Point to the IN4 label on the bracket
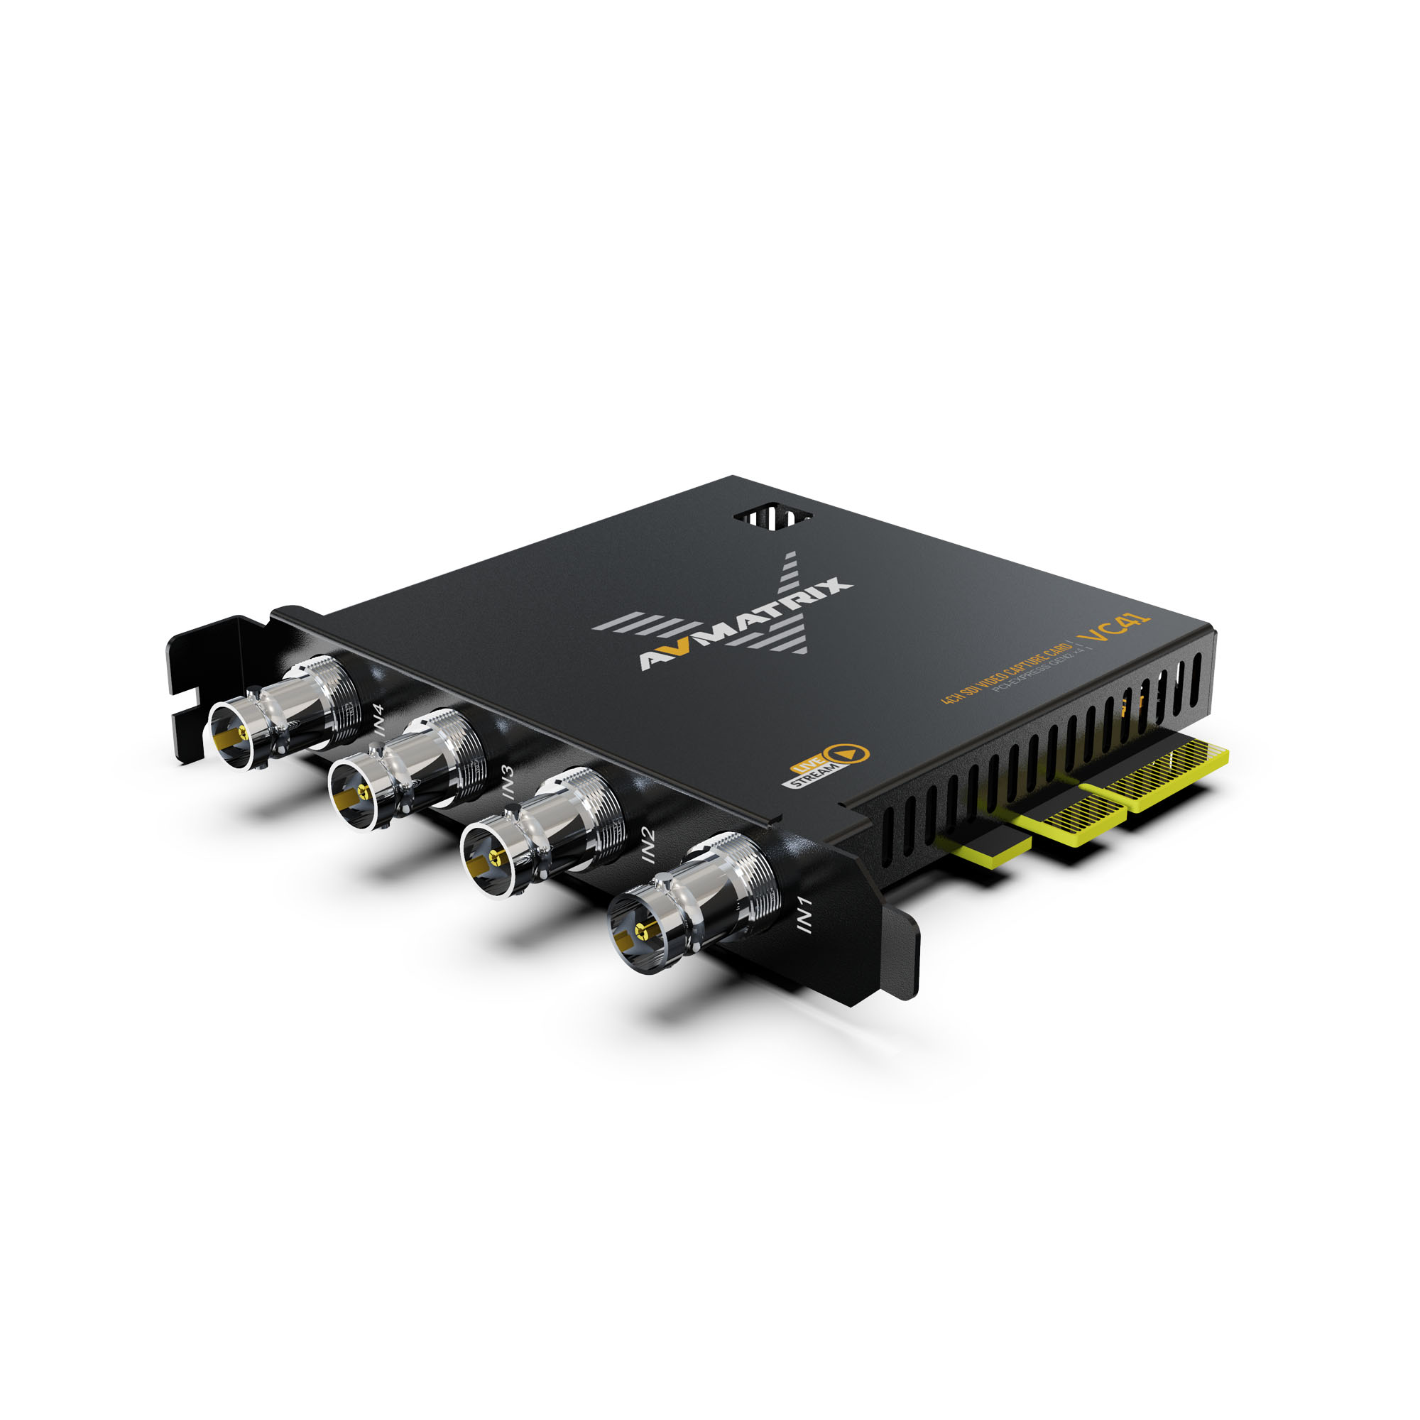(378, 719)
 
